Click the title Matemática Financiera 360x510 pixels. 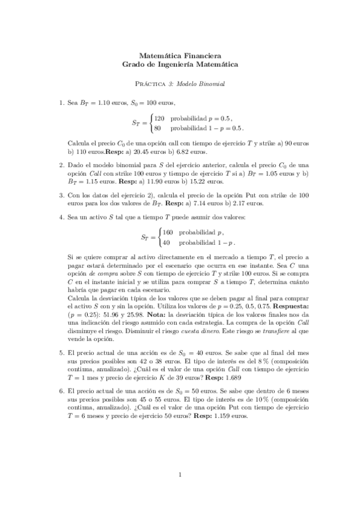point(180,53)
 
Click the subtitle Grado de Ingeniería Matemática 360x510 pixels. point(180,63)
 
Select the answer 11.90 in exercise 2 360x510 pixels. point(147,181)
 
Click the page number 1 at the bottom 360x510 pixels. point(180,478)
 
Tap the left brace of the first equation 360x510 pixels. point(150,123)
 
